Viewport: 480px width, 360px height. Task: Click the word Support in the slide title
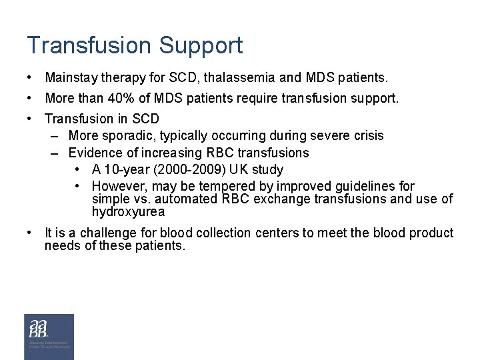(201, 46)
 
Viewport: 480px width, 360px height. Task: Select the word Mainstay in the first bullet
(71, 79)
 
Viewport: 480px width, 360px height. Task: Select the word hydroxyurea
(129, 212)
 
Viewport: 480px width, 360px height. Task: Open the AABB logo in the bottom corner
(49, 336)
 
